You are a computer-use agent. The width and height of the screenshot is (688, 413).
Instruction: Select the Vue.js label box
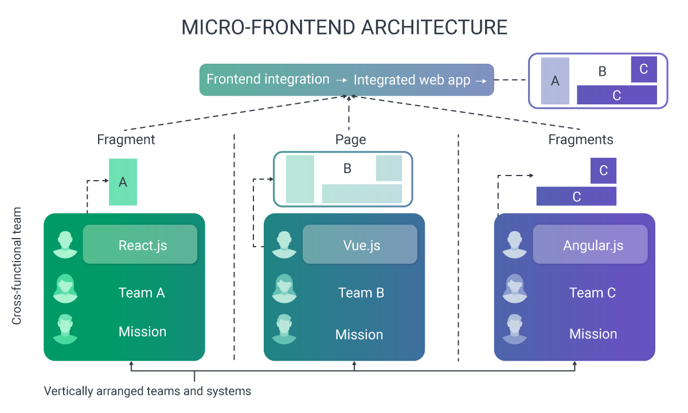(359, 244)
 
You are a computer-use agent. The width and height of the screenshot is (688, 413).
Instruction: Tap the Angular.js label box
(590, 244)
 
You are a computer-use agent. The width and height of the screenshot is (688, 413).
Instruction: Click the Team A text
(142, 293)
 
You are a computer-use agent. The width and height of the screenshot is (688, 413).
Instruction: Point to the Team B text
(361, 293)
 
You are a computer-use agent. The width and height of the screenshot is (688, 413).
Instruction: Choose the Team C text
(592, 293)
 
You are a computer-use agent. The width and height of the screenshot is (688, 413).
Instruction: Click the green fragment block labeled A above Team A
(123, 182)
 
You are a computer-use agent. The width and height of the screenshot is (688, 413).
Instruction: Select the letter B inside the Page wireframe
(347, 169)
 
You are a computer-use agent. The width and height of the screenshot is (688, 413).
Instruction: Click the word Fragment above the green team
(126, 139)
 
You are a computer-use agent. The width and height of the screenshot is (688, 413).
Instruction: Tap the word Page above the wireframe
(350, 139)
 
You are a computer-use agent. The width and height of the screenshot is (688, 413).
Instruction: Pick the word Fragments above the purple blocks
(581, 139)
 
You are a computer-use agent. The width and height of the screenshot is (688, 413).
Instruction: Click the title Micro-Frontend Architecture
(344, 28)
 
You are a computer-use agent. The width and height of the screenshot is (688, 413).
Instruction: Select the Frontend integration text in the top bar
(268, 79)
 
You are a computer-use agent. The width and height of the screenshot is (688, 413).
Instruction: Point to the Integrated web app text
(412, 80)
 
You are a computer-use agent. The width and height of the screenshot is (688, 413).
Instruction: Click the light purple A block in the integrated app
(554, 81)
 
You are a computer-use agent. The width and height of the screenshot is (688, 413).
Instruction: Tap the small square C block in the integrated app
(644, 69)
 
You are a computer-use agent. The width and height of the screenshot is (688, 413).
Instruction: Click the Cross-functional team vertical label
(17, 266)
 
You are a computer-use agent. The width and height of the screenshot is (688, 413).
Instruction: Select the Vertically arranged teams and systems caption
(147, 391)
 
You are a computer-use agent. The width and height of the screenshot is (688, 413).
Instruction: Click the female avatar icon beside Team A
(65, 289)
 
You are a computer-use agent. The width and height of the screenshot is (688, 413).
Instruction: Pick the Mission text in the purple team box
(593, 334)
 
